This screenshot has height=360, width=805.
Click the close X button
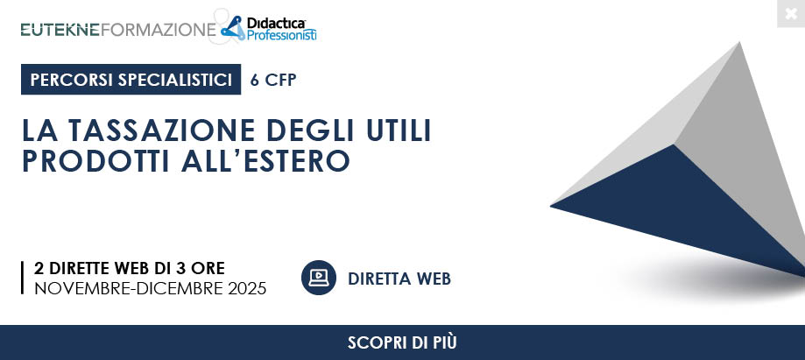[791, 13]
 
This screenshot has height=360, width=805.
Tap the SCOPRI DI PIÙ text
[402, 342]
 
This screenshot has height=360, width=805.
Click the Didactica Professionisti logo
[269, 28]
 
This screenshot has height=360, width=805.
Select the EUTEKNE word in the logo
[60, 30]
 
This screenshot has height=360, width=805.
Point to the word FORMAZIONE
[159, 30]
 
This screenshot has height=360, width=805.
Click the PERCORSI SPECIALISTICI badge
[131, 80]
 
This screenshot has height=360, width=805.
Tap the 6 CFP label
[273, 80]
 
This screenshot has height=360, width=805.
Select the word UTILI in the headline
[399, 130]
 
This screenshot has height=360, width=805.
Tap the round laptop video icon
[319, 278]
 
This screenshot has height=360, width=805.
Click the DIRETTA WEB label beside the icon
[399, 279]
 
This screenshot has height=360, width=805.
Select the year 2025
[247, 289]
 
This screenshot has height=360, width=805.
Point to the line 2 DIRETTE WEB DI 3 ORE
[130, 268]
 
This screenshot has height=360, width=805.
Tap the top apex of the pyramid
[740, 43]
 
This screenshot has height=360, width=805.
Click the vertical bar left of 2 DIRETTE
[23, 278]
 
